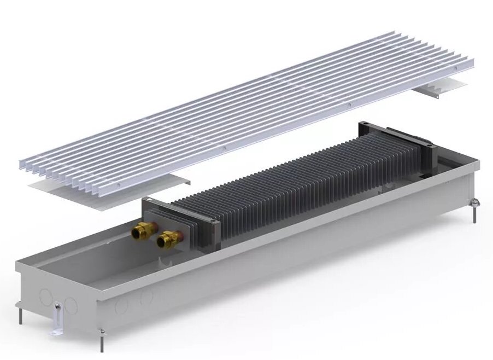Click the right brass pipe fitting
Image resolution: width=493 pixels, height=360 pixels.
pyautogui.click(x=166, y=239)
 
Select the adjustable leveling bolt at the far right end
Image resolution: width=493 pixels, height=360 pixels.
pyautogui.click(x=474, y=211)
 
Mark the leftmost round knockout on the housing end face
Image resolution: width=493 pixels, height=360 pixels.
pyautogui.click(x=45, y=298)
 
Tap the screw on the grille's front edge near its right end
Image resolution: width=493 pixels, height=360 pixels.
pyautogui.click(x=349, y=103)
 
